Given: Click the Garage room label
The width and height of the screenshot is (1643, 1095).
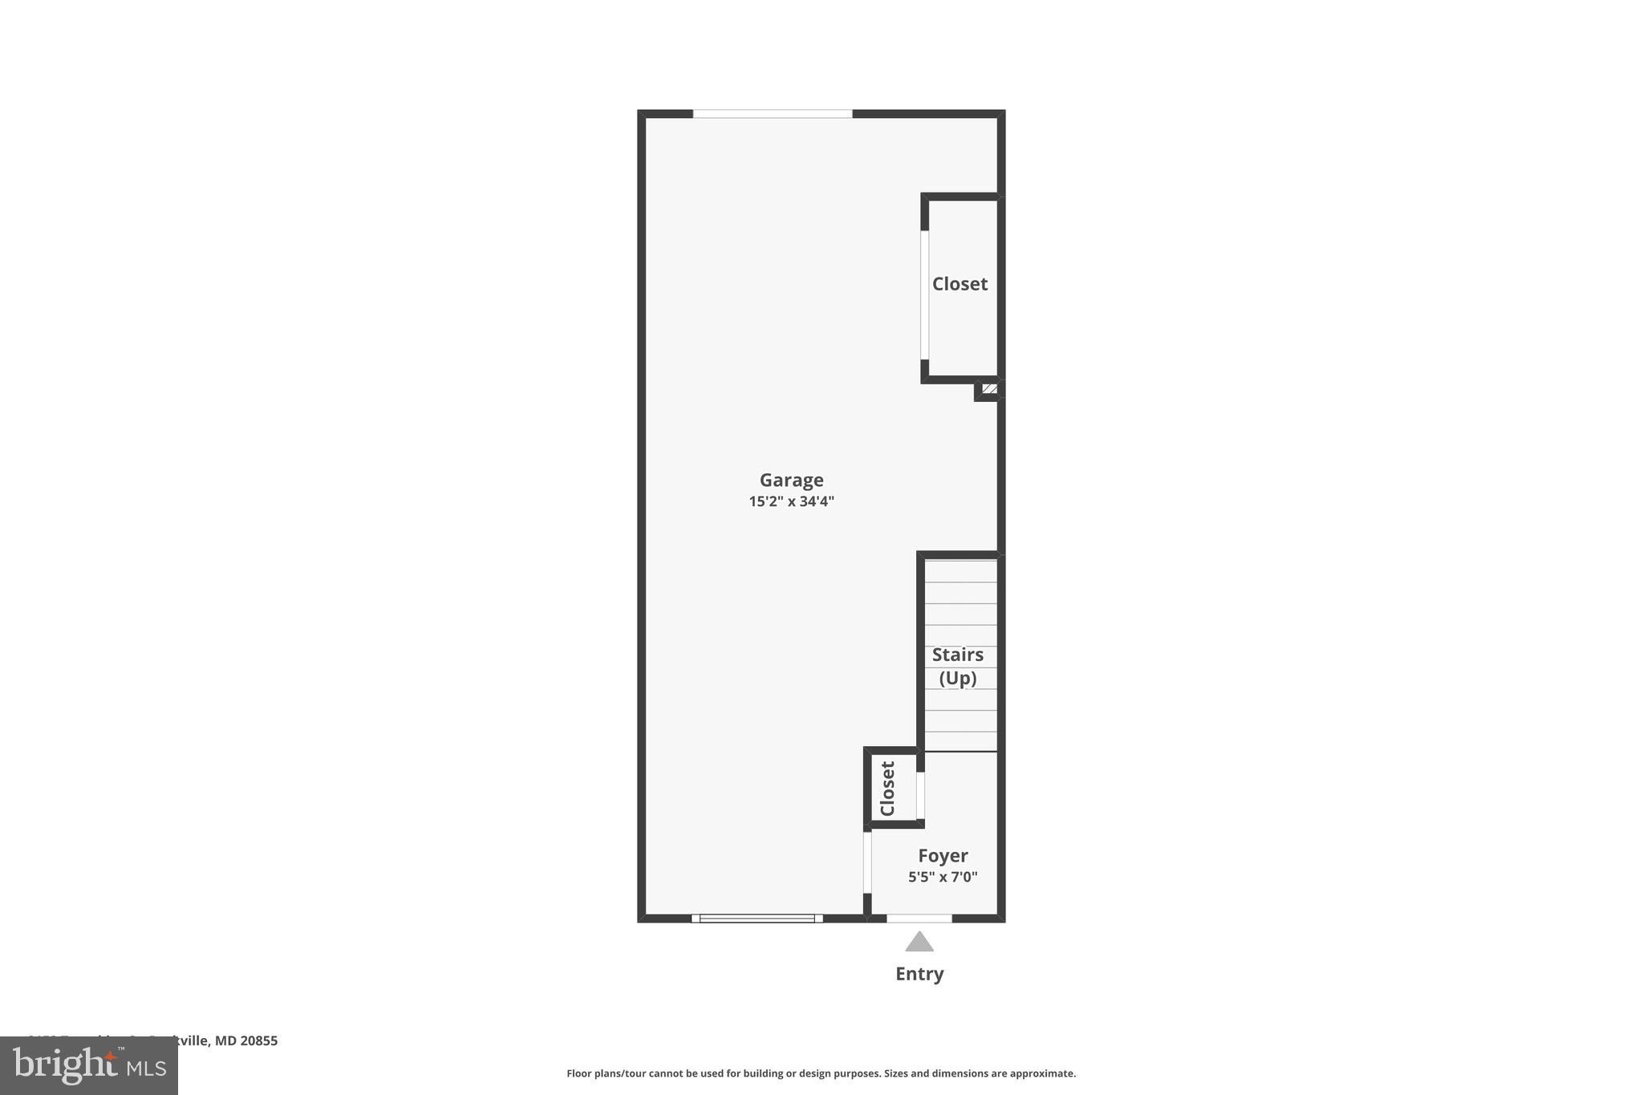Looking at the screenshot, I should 791,480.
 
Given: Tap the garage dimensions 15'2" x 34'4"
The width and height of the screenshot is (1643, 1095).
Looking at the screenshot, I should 791,501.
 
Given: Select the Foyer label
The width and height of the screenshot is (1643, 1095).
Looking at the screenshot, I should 943,855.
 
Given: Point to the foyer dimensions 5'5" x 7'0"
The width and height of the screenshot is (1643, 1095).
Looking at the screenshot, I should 943,877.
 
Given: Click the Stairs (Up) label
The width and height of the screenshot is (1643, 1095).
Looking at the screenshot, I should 957,666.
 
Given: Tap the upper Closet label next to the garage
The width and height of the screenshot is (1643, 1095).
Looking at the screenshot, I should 959,283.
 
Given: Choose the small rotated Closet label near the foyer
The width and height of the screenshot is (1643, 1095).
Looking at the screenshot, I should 887,788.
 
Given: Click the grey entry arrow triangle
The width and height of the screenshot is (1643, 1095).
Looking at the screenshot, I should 919,942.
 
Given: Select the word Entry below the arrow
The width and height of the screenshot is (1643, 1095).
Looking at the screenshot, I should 919,973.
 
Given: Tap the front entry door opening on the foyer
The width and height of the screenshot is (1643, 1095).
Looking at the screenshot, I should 919,918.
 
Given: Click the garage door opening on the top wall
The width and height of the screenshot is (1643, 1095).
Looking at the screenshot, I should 772,114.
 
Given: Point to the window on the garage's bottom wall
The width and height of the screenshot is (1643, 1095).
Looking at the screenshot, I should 757,918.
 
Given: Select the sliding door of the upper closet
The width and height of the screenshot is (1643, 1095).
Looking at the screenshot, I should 924,294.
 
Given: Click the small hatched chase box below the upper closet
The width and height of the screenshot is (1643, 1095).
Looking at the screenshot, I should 990,389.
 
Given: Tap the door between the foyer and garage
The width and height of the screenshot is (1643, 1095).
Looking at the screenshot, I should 867,862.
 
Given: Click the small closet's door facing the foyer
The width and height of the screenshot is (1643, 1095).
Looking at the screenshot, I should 920,795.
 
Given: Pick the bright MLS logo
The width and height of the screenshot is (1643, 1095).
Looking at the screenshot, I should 88,1065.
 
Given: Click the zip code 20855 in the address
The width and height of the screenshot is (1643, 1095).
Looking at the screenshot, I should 258,1040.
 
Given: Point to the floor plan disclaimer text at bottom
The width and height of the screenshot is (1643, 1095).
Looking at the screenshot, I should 821,1073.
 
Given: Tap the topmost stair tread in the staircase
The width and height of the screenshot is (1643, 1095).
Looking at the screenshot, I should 960,571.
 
